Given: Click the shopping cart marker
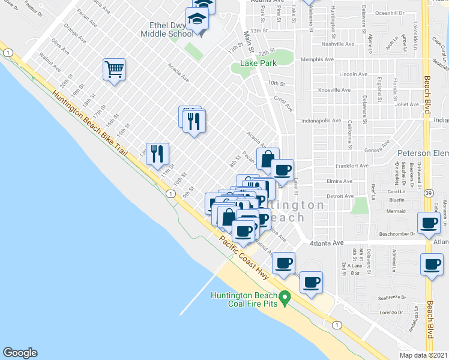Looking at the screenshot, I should [114, 70].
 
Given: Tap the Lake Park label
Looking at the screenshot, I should [257, 63].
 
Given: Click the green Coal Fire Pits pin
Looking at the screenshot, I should [286, 297].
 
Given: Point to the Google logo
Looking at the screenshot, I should [20, 353].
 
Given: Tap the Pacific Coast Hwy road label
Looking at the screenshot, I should [243, 257].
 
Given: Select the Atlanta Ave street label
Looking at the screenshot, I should [326, 243].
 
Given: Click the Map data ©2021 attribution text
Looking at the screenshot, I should [423, 355].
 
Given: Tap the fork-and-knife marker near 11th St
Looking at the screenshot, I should [158, 154].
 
